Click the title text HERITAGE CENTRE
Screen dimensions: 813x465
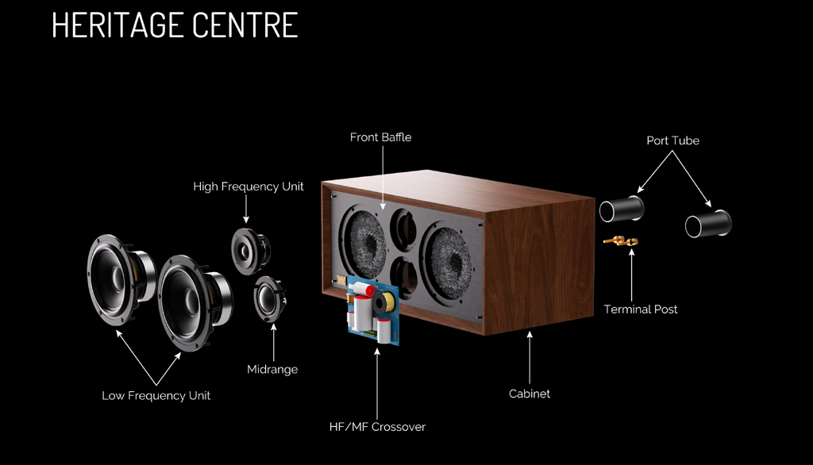coord(175,25)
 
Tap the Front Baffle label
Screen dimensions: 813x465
coord(380,137)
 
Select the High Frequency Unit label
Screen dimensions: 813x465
coord(249,186)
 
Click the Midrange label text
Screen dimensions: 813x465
coord(272,370)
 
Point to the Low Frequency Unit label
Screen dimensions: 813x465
coord(156,396)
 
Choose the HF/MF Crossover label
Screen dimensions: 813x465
coord(377,427)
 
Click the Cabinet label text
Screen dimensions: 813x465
coord(530,394)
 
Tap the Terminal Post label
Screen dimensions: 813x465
coord(641,309)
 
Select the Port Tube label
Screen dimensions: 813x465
coord(672,140)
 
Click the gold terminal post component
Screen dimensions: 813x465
coord(621,240)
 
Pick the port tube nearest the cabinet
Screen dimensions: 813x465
coord(622,209)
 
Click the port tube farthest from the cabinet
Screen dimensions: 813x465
coord(708,224)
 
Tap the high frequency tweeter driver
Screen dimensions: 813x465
coord(250,252)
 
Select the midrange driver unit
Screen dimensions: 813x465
coord(270,299)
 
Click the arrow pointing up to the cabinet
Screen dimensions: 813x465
coord(530,358)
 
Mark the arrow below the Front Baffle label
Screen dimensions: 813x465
coord(383,178)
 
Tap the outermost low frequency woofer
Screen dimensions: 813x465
coord(121,280)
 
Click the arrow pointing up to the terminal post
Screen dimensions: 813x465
coord(631,275)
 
